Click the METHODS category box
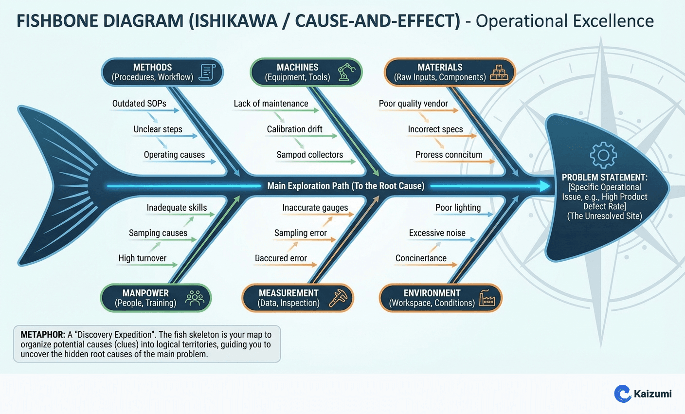pos(162,72)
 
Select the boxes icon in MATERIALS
pos(499,72)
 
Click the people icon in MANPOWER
pos(195,298)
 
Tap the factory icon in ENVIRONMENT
pos(487,298)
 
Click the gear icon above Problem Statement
pos(603,155)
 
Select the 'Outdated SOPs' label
pos(139,104)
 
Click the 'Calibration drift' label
pos(294,129)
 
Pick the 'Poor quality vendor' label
pos(413,104)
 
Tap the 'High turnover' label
pos(142,258)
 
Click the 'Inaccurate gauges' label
pos(315,208)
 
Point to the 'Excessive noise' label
pos(437,233)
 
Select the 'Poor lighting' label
pos(458,208)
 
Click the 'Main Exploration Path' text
pos(345,186)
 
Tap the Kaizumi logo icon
pos(622,394)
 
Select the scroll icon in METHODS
pos(207,72)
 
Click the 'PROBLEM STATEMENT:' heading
pos(604,178)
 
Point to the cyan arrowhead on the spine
pos(543,186)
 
